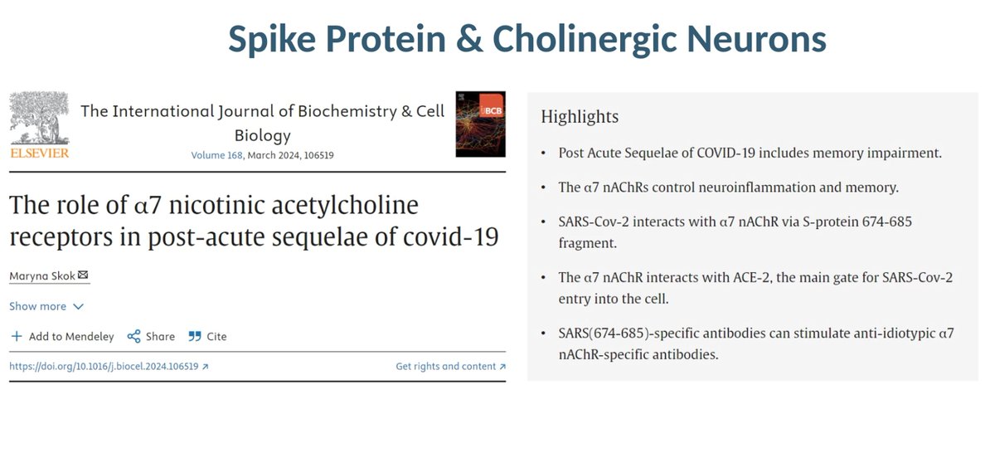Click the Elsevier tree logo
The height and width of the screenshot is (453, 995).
[40, 118]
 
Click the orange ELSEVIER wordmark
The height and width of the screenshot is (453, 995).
[40, 153]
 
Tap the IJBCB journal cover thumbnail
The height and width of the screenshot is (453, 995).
[480, 124]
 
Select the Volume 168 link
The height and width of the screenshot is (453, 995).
[216, 155]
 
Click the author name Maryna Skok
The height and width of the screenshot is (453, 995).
[42, 276]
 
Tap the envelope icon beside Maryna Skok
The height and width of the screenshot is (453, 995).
[83, 275]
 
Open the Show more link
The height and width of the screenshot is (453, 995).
[46, 306]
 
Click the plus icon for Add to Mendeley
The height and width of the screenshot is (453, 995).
[17, 336]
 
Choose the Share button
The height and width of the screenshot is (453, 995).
[151, 336]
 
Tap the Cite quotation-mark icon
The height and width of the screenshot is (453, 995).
[195, 336]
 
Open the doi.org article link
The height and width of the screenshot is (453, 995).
[109, 367]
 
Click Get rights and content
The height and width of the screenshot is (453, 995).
[450, 367]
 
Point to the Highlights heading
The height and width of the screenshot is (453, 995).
[580, 116]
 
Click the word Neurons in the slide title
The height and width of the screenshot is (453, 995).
[756, 39]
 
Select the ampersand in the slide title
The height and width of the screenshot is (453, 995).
[469, 39]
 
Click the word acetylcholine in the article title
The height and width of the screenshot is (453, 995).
[345, 205]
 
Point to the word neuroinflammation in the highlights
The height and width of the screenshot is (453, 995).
[757, 188]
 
